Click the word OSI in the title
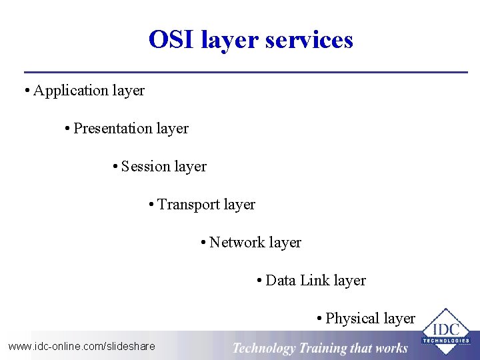click(x=170, y=40)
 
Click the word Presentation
click(x=113, y=128)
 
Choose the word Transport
click(x=188, y=204)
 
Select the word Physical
click(x=352, y=319)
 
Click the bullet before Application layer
click(x=26, y=91)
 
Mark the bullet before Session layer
click(x=116, y=167)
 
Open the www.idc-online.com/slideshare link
click(x=81, y=346)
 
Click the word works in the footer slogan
click(x=391, y=348)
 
